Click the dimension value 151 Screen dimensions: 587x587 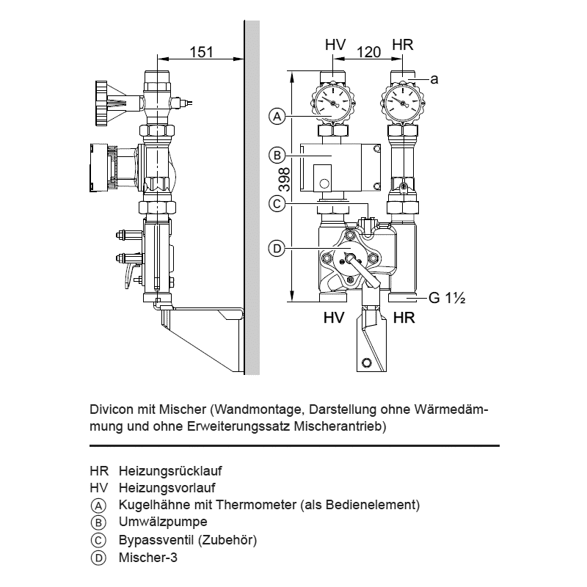[201, 51]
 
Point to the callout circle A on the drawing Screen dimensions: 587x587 [276, 116]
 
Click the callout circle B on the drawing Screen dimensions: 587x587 [276, 156]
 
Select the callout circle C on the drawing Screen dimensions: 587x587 [276, 204]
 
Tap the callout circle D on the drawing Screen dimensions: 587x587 [276, 249]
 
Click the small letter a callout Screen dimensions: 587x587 [434, 79]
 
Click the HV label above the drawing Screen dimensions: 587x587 [335, 45]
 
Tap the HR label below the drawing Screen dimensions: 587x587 [404, 318]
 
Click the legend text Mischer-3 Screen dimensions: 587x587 [147, 558]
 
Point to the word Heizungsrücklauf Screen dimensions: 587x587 [170, 470]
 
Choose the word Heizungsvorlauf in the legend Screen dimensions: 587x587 [167, 487]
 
